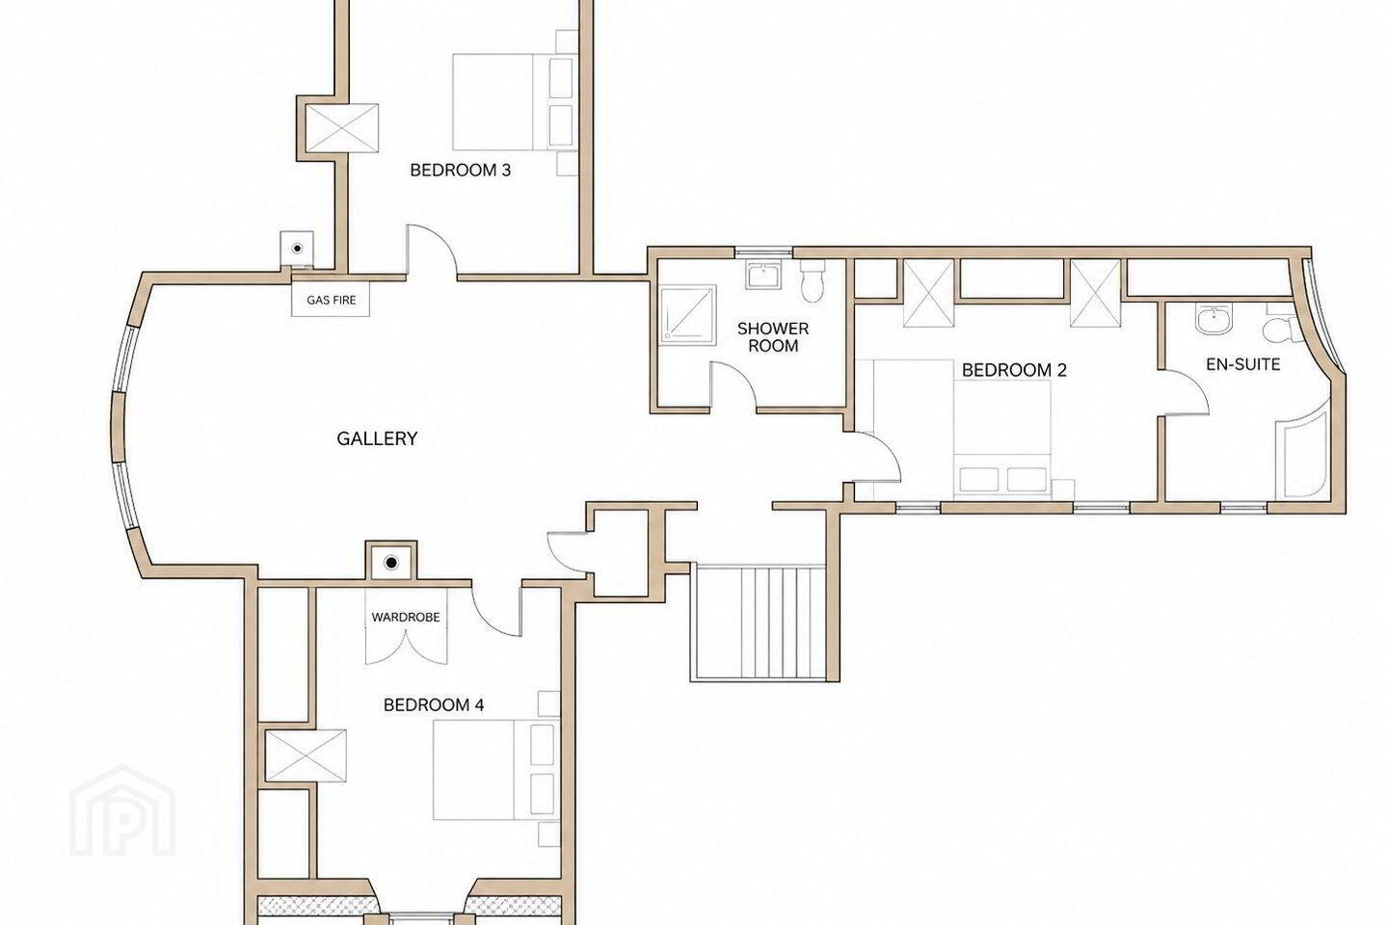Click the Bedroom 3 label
461,170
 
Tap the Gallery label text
377,438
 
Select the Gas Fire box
331,300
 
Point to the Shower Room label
773,337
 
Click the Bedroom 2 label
1014,370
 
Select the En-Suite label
1243,364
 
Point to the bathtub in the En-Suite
1301,452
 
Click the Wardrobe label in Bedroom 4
406,617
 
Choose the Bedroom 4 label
434,704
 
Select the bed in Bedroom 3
515,102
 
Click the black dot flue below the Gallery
391,563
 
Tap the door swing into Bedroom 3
432,251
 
